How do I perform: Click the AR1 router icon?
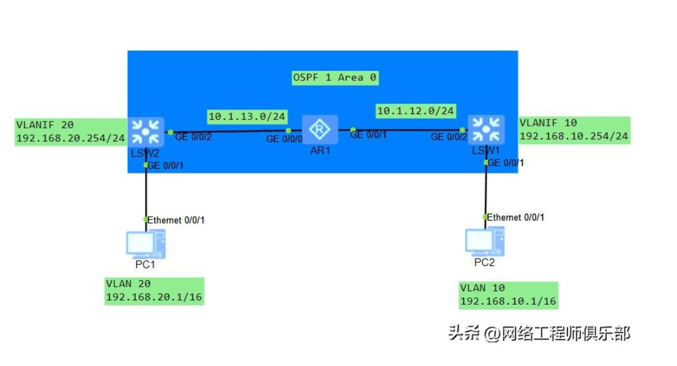[320, 129]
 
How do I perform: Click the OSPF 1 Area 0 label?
[335, 77]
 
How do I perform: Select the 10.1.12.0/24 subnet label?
[416, 110]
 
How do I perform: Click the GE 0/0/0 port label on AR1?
[284, 139]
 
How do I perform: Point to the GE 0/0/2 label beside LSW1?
[448, 137]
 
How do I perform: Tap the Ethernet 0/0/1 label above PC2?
[516, 217]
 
